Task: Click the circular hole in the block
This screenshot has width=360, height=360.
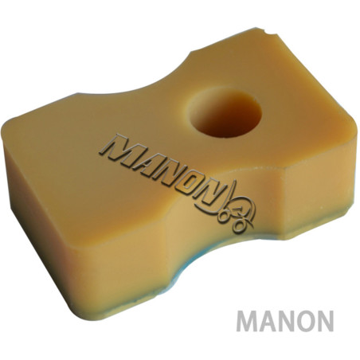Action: pos(225,112)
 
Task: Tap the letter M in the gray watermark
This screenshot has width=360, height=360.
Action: pos(248,322)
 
